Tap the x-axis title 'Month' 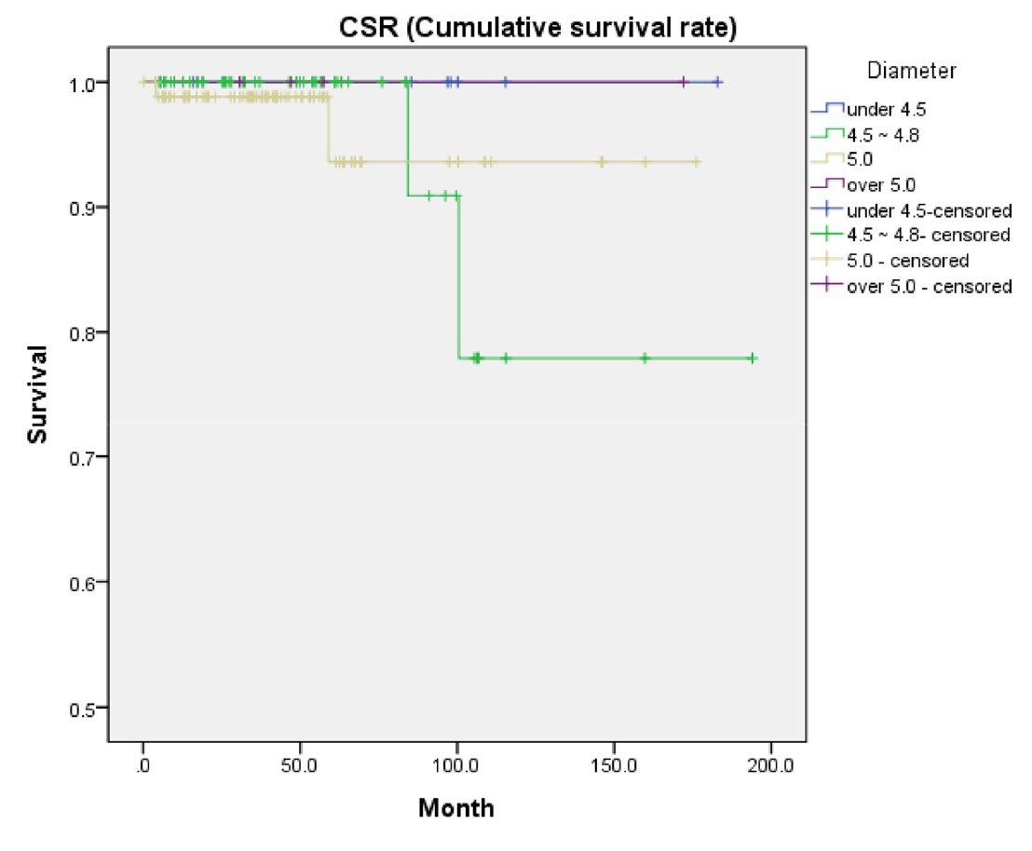click(456, 806)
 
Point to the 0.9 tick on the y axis click(84, 207)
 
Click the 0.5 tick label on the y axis click(84, 708)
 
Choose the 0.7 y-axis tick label click(84, 457)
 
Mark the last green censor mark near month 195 click(753, 358)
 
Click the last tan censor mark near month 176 click(696, 162)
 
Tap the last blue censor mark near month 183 click(718, 83)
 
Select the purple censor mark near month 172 click(683, 83)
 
